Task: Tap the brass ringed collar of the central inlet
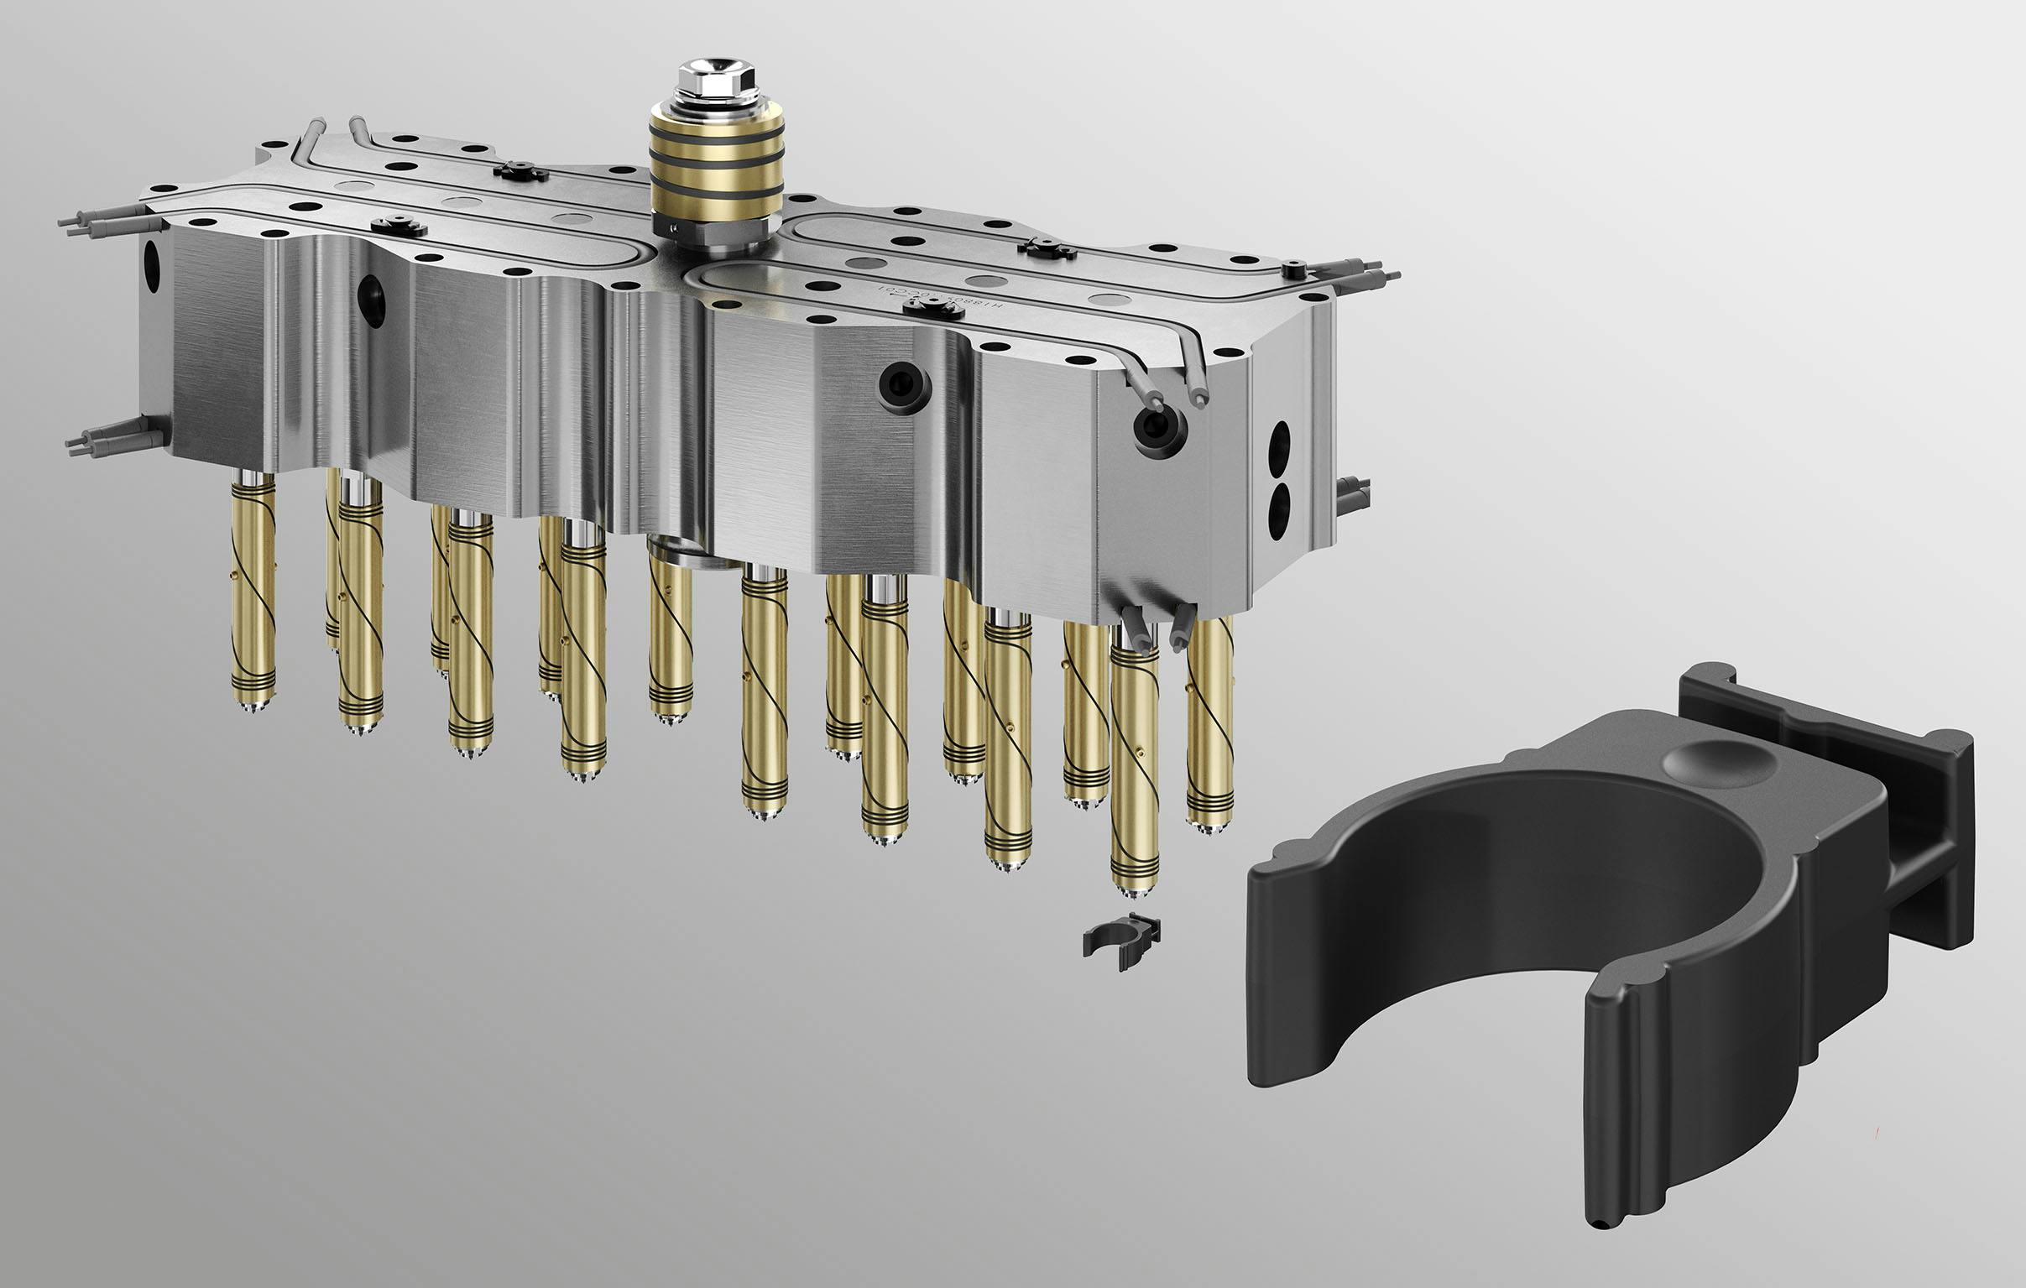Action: pyautogui.click(x=716, y=177)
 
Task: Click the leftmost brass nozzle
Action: pyautogui.click(x=253, y=589)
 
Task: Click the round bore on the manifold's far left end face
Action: pyautogui.click(x=152, y=268)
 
